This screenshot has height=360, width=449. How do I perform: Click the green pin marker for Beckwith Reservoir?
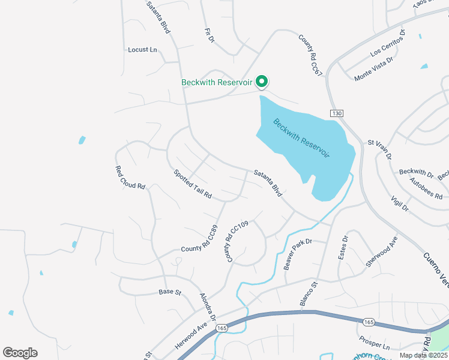coord(262,81)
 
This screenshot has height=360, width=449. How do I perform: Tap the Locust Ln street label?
coord(142,50)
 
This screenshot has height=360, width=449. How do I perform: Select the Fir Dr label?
coord(209,35)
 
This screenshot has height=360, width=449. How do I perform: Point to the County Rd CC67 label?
coord(311,55)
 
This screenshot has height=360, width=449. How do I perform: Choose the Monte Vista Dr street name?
coord(373,69)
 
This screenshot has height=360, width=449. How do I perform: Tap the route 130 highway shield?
coord(336,113)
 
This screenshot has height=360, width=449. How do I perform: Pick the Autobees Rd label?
coord(426,188)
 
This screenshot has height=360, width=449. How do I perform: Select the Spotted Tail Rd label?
coord(193,184)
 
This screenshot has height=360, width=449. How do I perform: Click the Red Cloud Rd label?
coord(130,178)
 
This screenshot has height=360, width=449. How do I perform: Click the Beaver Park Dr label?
coord(299,254)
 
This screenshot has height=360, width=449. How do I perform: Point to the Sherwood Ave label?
coord(382,251)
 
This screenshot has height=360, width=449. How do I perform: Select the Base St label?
coord(170,292)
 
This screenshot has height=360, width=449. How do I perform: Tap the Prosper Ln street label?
coord(374,347)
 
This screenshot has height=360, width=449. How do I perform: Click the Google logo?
coord(20,353)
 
